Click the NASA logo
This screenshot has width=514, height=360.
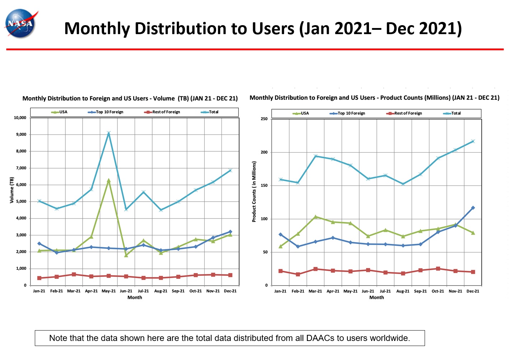tap(21, 23)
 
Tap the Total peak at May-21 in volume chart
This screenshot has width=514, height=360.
tap(108, 133)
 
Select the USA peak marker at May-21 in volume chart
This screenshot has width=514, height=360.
tap(108, 180)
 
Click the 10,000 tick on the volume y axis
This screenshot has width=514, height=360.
tap(20, 117)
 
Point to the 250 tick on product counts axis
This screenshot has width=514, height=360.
tap(264, 119)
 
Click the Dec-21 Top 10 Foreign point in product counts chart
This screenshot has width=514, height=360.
tap(473, 208)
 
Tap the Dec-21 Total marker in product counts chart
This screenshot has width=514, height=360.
tap(473, 141)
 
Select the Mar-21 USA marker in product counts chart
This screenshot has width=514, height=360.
tap(316, 217)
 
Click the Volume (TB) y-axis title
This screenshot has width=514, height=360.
tap(12, 190)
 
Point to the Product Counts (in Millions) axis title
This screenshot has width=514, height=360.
tap(254, 191)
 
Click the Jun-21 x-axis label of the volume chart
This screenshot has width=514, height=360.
tap(126, 291)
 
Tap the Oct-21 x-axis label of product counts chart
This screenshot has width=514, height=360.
tap(438, 291)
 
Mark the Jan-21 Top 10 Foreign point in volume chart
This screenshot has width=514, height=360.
tap(39, 244)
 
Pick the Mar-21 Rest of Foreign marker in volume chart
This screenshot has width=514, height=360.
tap(74, 274)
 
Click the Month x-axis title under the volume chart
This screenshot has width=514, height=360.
tap(135, 297)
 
